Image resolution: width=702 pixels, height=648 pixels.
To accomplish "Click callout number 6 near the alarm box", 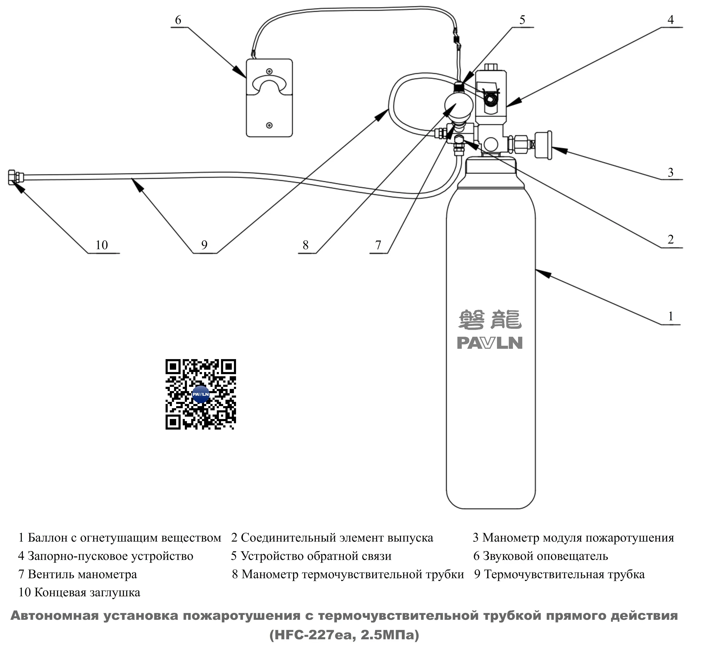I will (x=178, y=20).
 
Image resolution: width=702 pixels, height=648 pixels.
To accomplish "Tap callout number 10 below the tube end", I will (x=102, y=245).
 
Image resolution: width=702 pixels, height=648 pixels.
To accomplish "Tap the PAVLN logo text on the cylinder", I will (x=489, y=343).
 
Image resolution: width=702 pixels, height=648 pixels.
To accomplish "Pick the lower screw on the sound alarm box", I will (x=269, y=125).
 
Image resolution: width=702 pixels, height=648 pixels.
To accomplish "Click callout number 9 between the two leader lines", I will (x=204, y=245).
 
